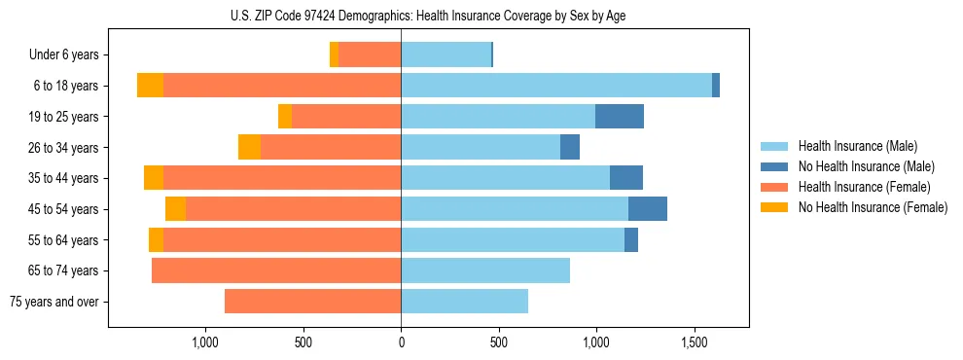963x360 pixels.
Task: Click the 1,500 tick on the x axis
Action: click(695, 342)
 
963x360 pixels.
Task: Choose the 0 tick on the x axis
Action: click(401, 342)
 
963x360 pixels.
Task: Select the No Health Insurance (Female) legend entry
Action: click(873, 207)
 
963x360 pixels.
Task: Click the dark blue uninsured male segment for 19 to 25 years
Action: click(620, 117)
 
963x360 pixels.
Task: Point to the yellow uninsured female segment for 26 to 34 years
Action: click(249, 147)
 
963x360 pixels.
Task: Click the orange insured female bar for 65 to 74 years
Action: click(276, 270)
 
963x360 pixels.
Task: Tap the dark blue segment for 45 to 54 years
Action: click(648, 209)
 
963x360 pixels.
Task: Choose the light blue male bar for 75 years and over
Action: click(465, 302)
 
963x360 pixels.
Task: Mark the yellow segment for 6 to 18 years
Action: click(150, 86)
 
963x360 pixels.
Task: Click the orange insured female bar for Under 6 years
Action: click(370, 55)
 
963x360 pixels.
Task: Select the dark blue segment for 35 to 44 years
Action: click(626, 178)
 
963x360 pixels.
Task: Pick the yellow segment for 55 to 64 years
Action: click(156, 240)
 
